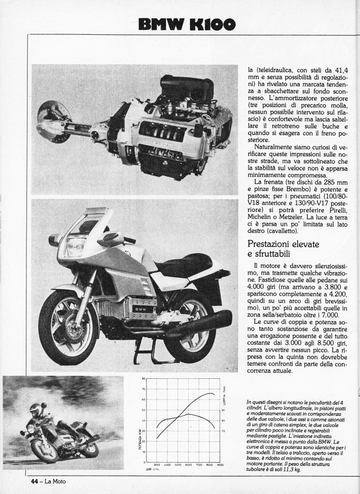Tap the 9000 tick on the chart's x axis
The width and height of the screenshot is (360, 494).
click(220, 465)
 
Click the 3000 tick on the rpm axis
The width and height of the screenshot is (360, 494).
click(157, 465)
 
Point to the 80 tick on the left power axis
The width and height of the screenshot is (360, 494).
click(144, 378)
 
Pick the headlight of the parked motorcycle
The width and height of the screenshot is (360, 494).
click(75, 247)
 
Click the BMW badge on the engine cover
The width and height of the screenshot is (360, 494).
click(140, 309)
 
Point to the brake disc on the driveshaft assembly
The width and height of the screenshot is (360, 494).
click(52, 121)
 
